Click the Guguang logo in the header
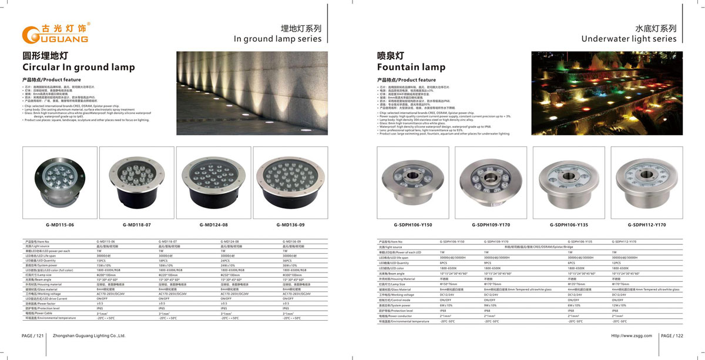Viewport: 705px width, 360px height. (55, 33)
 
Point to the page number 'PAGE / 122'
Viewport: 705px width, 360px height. (672, 336)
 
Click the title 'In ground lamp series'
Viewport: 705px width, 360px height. (278, 39)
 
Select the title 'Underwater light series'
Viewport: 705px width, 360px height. (629, 39)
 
